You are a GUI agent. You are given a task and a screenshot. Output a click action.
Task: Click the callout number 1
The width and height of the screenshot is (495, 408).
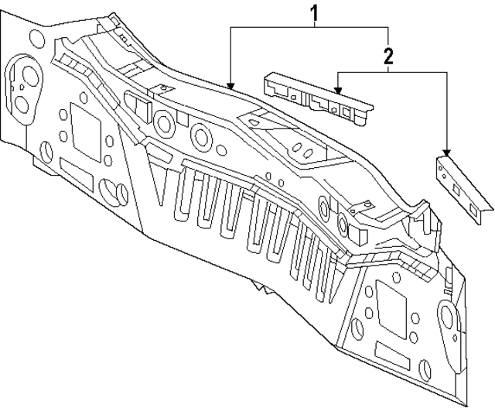point(314,13)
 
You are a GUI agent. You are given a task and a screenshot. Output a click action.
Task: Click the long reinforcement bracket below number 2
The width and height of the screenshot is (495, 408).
point(317,97)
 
